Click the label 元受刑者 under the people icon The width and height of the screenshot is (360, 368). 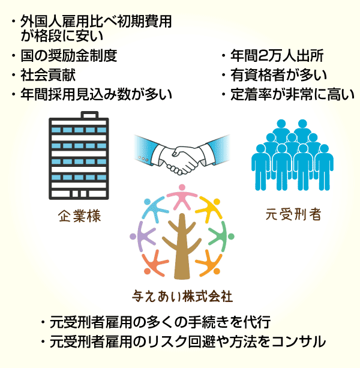point(292,214)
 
